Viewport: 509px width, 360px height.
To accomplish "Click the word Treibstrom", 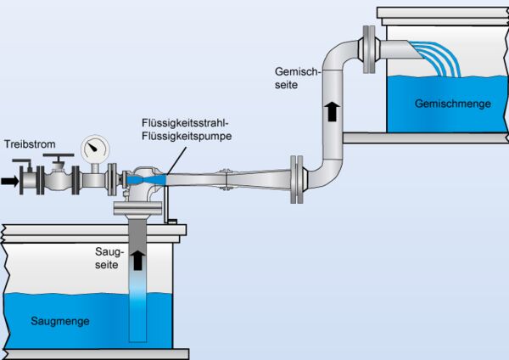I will pos(30,145).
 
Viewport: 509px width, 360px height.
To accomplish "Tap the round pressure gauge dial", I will pos(95,150).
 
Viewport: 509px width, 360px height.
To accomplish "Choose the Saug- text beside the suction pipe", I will pos(111,253).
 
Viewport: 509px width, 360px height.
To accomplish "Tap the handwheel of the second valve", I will pos(59,158).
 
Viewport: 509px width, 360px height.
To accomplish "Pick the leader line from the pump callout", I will pos(170,159).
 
